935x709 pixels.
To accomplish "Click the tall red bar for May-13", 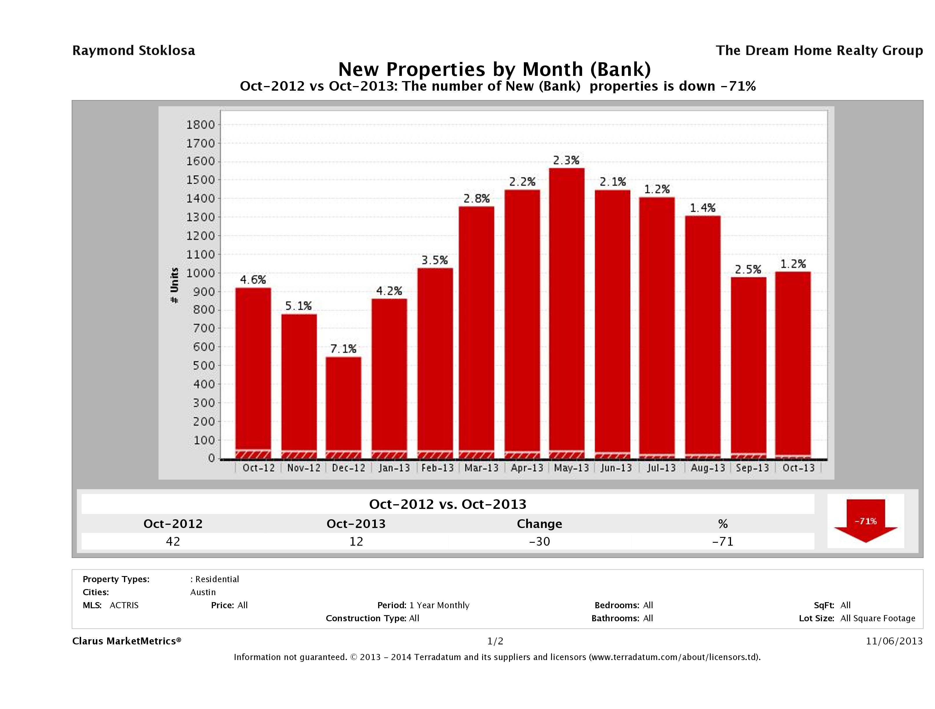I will [x=566, y=313].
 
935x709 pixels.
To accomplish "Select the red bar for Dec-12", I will [x=343, y=406].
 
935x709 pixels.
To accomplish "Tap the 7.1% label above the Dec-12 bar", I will [x=343, y=349].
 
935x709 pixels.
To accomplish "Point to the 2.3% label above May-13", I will [x=566, y=160].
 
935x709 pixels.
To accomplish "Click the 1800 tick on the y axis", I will [x=201, y=125].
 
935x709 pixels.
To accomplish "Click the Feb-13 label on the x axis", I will [x=438, y=468].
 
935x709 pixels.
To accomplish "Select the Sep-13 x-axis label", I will [x=752, y=468].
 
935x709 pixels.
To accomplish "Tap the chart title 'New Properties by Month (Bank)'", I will [x=495, y=69].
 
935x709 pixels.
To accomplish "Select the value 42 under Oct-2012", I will [x=173, y=541].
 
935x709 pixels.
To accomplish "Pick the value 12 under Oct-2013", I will [x=356, y=541].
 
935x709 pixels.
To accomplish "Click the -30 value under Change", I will [x=540, y=541].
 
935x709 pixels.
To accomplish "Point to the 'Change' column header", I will [x=540, y=524].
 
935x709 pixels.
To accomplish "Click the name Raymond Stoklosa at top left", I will [x=134, y=51].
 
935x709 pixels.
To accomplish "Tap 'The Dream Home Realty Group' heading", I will [x=819, y=51].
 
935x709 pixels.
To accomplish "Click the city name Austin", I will [x=203, y=592].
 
